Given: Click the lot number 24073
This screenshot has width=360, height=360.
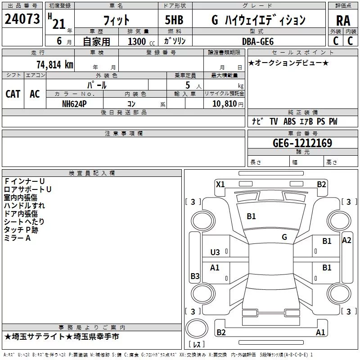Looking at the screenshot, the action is (x=22, y=19).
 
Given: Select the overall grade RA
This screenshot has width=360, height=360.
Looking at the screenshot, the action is (x=343, y=21).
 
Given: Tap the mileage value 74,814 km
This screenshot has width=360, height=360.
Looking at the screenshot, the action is (x=55, y=65).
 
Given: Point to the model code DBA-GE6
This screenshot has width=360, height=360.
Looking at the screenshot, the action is (x=258, y=41).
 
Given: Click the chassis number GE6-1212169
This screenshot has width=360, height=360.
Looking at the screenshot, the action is (x=302, y=143).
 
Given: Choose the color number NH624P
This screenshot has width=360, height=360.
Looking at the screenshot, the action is (x=74, y=104).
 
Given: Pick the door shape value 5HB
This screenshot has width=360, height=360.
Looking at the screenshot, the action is (x=174, y=20).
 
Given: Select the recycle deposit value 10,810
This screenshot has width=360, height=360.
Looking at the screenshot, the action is (x=225, y=103).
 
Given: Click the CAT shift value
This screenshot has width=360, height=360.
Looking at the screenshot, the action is (x=13, y=94).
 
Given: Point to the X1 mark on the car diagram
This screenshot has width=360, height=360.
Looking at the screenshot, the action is (x=220, y=184).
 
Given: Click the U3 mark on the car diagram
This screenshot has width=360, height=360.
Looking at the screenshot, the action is (x=215, y=252).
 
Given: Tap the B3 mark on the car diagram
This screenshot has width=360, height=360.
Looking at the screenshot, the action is (x=195, y=276).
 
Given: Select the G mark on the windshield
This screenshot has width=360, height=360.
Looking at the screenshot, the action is (x=284, y=237).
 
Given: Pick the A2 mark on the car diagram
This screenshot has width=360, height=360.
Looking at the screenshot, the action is (x=346, y=240).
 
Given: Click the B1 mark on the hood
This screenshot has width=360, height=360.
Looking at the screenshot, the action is (x=251, y=216).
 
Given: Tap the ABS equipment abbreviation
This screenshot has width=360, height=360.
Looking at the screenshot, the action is (x=289, y=121).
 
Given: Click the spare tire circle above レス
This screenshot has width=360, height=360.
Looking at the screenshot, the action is (x=197, y=329).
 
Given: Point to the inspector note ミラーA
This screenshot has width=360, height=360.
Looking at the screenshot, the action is (x=17, y=238).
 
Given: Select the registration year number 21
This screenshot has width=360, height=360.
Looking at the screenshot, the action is (x=59, y=24).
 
